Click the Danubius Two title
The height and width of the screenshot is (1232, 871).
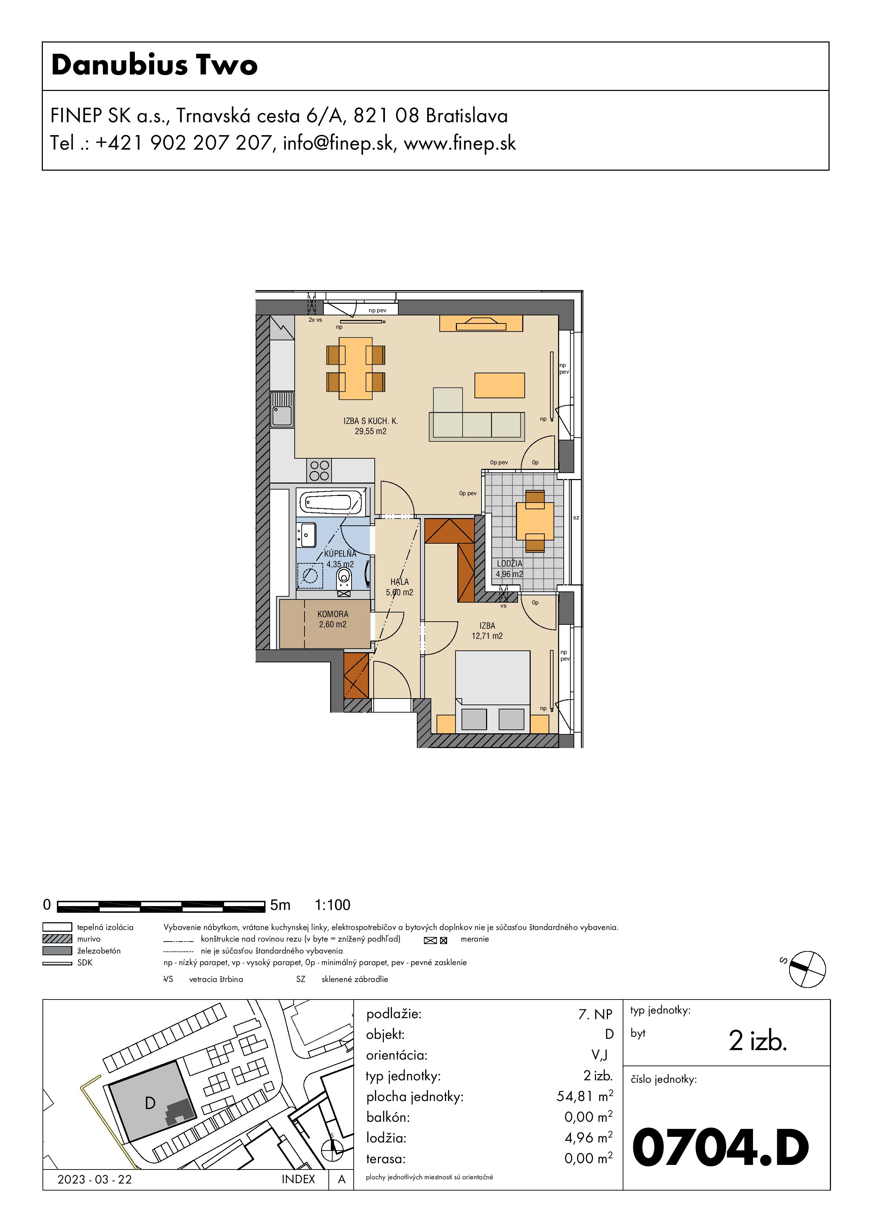coord(155,65)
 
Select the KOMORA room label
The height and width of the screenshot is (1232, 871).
coord(333,614)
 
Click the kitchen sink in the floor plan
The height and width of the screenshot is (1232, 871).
coord(282,409)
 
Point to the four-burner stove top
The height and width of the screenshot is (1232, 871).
coord(319,471)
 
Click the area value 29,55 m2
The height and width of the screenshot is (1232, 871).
coord(370,431)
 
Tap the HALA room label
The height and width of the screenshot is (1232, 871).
coord(400,582)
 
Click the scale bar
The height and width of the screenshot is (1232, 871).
coord(161,906)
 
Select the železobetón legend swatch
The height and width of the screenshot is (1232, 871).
coord(57,951)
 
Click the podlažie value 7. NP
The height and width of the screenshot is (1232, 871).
coord(595,1014)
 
